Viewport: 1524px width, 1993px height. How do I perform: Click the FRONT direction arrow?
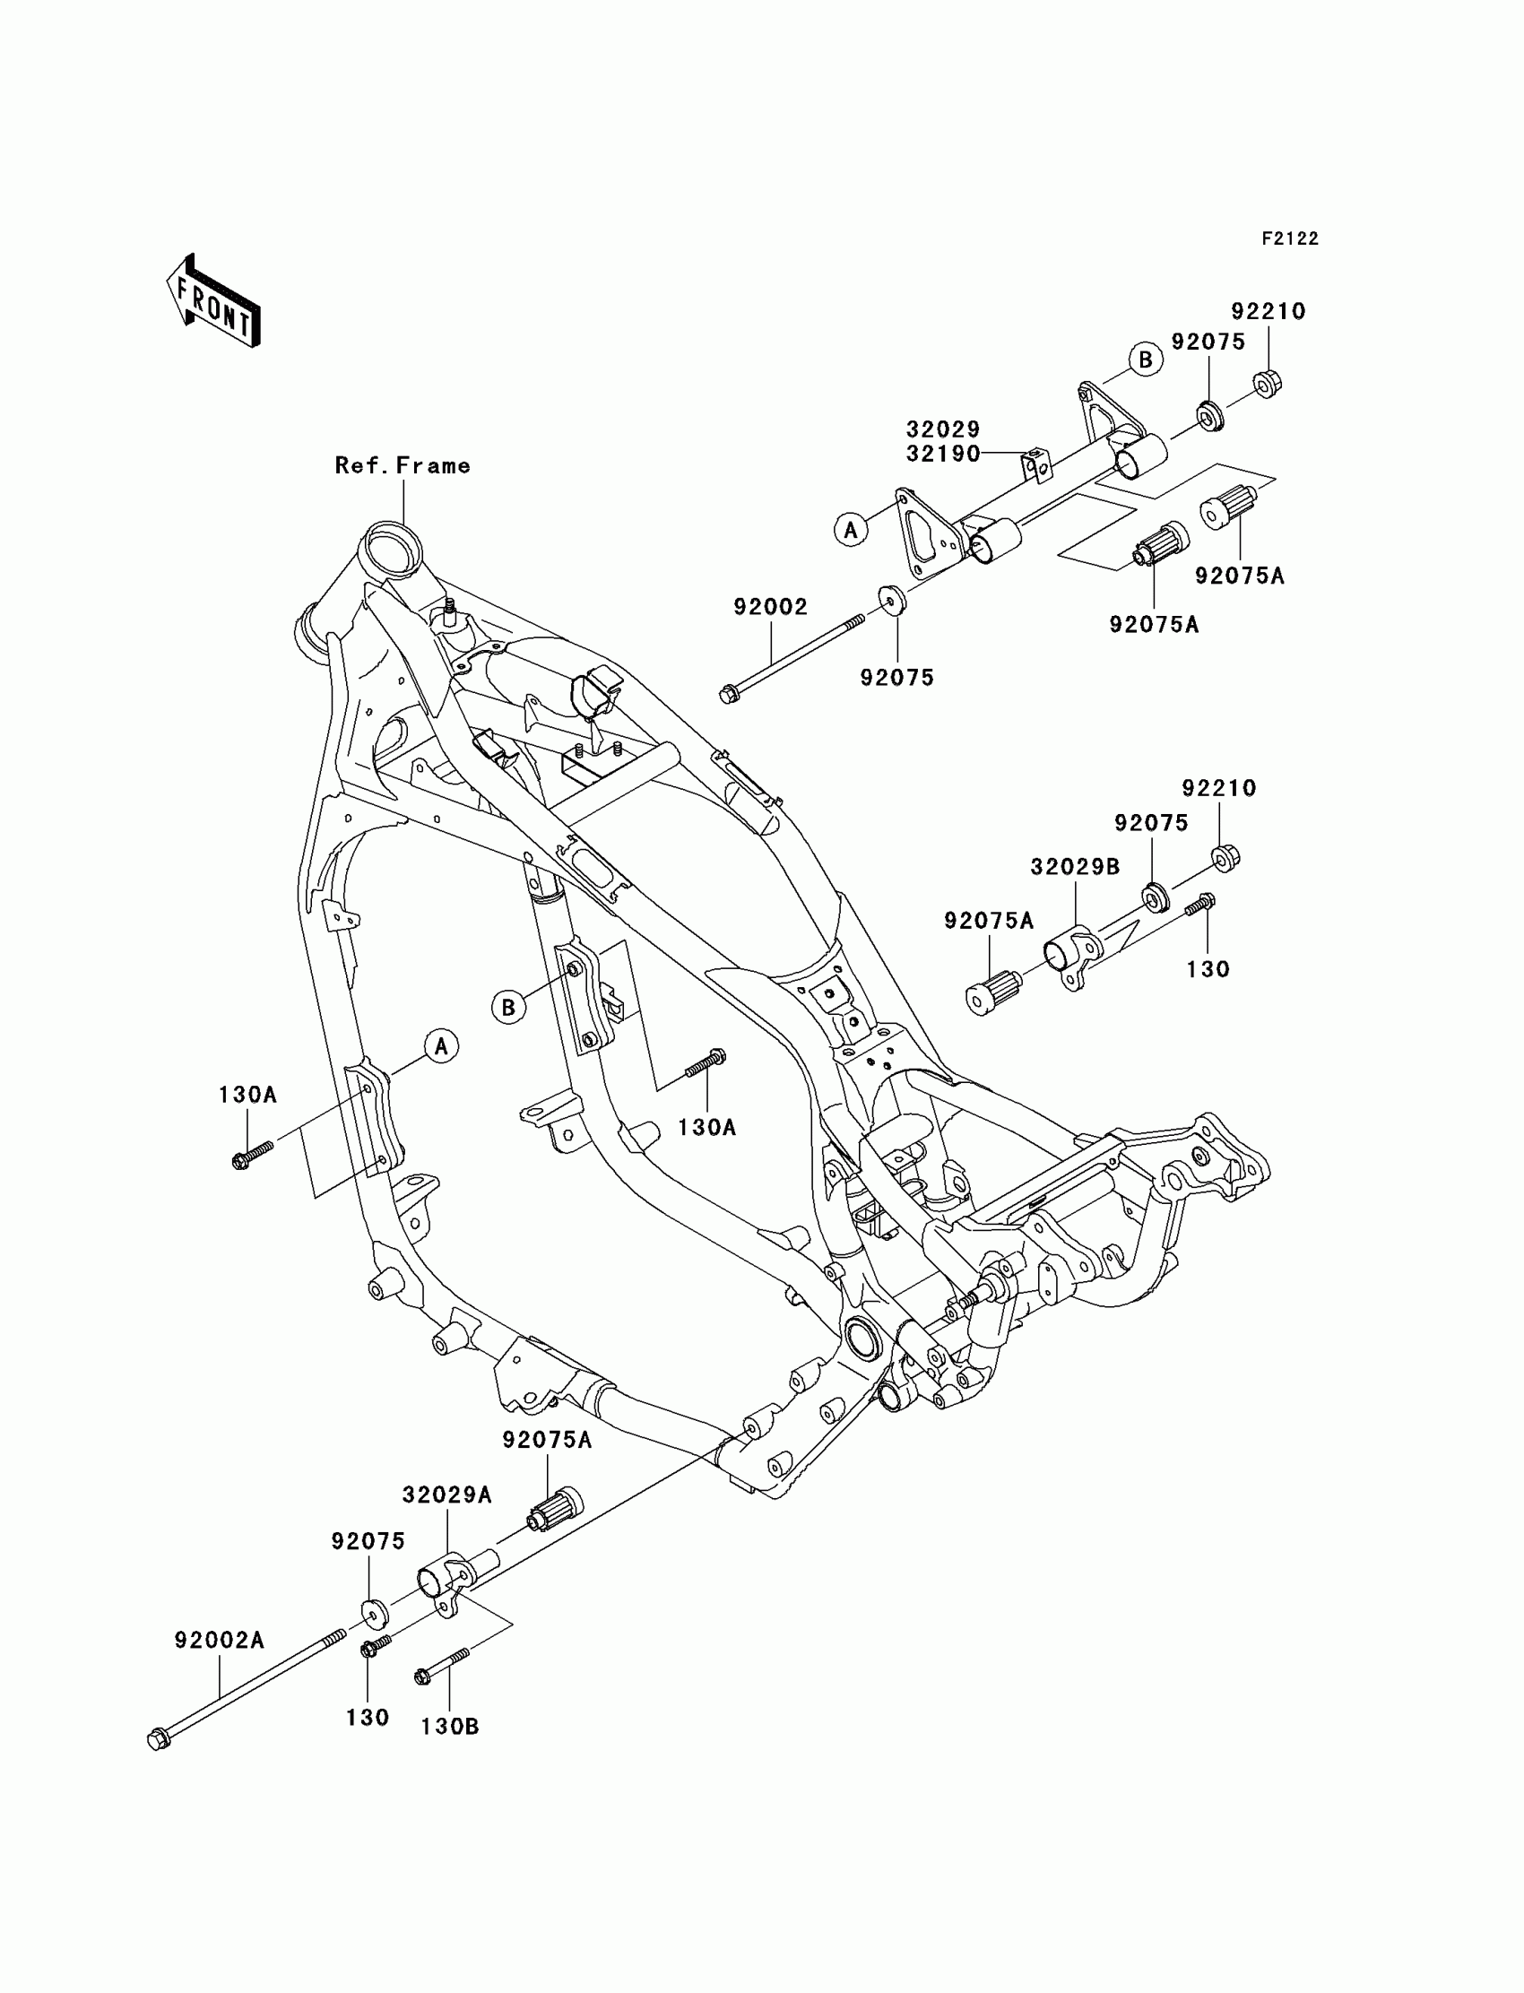point(214,302)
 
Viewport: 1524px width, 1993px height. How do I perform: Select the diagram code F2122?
point(1289,238)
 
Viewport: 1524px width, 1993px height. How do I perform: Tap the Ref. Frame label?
point(403,466)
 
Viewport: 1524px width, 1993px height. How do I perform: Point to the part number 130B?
point(450,1728)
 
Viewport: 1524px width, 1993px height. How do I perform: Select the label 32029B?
point(1075,867)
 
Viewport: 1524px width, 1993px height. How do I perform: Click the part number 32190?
point(943,455)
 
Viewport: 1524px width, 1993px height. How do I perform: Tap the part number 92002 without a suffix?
point(770,607)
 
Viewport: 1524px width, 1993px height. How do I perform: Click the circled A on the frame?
point(441,1047)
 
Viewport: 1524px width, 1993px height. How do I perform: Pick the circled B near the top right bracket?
point(1145,360)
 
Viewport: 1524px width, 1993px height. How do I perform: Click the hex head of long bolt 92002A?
point(157,1741)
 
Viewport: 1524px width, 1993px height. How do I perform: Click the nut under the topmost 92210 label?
point(1268,384)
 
